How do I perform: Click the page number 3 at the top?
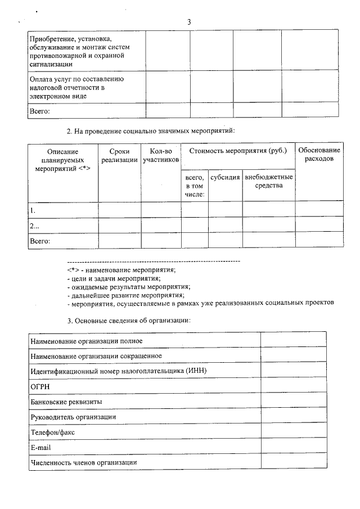click(189, 21)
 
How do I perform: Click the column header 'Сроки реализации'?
click(119, 156)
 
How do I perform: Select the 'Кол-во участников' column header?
click(161, 156)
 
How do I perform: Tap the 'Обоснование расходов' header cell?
click(319, 155)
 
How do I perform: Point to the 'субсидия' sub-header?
click(225, 177)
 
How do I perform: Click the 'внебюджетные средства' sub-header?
click(269, 181)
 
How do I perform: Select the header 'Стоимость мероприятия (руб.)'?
click(238, 151)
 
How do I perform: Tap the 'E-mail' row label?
click(41, 447)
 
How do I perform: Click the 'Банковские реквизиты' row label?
click(66, 402)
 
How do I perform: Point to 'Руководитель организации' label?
click(73, 417)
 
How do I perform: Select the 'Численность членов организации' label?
click(84, 462)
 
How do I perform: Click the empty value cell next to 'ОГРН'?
click(293, 386)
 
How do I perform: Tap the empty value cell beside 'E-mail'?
click(293, 447)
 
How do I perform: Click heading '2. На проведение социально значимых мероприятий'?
click(150, 131)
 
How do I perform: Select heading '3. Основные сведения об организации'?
click(129, 320)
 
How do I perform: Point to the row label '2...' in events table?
click(35, 226)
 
